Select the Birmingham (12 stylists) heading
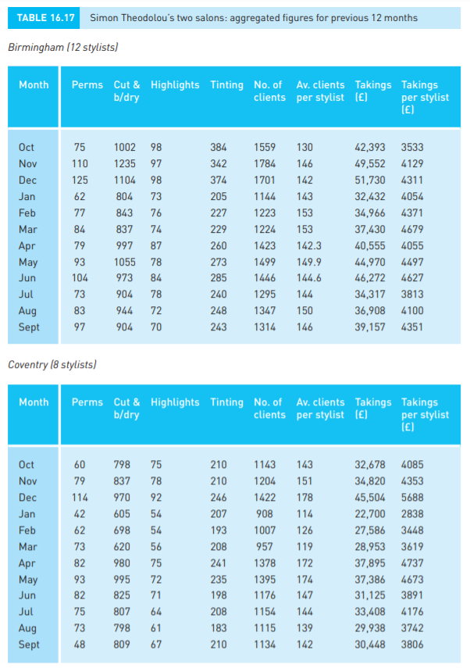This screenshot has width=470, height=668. click(x=62, y=48)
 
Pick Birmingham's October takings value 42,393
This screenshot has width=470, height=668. click(x=370, y=147)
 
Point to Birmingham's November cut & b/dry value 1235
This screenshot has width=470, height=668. click(x=125, y=164)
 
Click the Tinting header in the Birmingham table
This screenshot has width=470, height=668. click(x=226, y=85)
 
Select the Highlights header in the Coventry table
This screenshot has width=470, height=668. click(x=175, y=402)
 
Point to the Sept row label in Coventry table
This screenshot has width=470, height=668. click(x=30, y=644)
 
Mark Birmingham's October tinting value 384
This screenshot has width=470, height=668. click(x=219, y=147)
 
